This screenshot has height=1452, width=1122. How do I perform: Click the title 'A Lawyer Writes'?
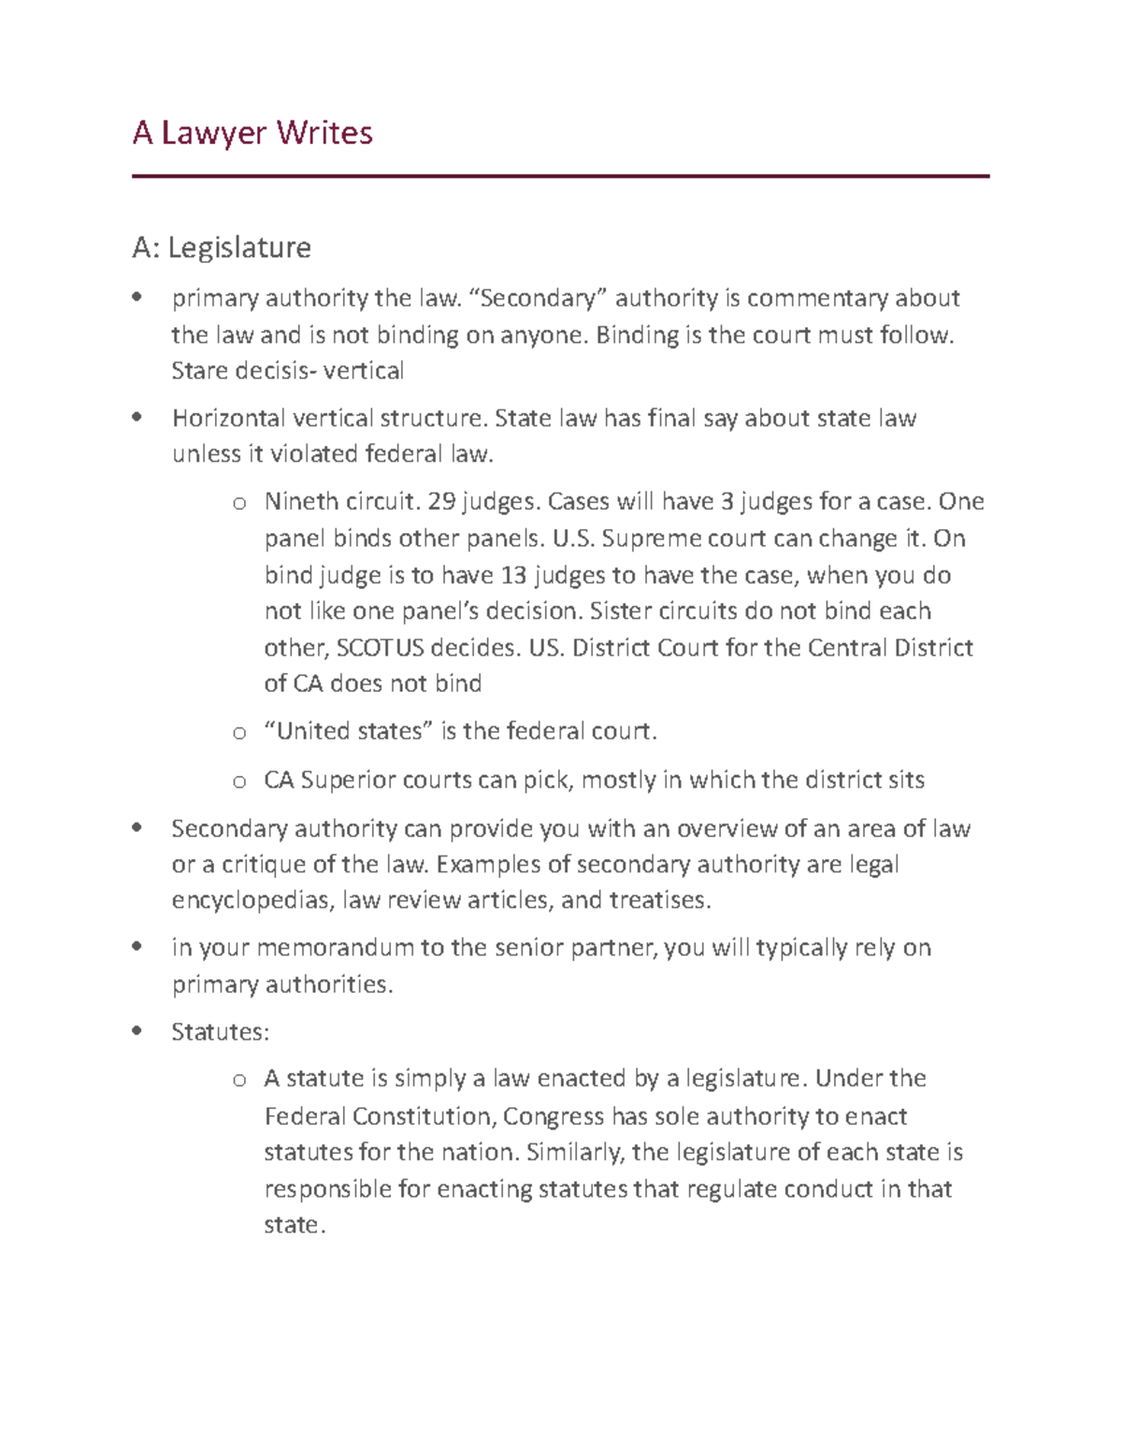click(x=252, y=134)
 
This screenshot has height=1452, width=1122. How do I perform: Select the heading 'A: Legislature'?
click(x=222, y=248)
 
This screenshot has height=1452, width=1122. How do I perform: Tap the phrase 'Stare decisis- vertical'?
click(x=287, y=371)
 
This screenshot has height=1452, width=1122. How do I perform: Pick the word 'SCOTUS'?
click(x=379, y=648)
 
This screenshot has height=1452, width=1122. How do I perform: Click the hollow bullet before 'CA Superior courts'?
click(x=239, y=782)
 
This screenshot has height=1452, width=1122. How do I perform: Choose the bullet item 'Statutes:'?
click(x=220, y=1032)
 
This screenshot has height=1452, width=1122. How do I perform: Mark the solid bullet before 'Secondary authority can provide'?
click(x=137, y=827)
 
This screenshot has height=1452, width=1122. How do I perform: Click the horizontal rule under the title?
click(x=560, y=176)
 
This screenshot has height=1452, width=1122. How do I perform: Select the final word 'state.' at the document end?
click(x=295, y=1226)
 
